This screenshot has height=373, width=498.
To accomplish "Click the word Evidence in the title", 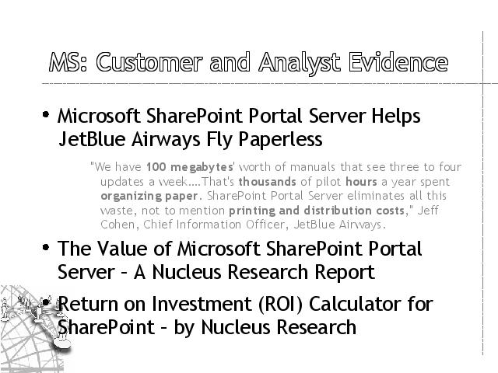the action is click(398, 62).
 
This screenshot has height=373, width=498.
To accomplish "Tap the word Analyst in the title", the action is click(300, 64).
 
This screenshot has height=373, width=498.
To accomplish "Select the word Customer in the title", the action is click(149, 62).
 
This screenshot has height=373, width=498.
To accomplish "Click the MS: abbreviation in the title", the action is click(68, 62).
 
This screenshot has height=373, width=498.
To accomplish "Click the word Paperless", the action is click(280, 140).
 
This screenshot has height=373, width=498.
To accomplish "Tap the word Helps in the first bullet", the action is click(396, 116).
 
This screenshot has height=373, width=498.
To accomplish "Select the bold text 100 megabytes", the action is click(190, 167).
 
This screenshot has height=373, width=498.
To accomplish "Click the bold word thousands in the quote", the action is click(268, 182).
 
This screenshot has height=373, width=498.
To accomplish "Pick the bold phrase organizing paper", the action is click(149, 197).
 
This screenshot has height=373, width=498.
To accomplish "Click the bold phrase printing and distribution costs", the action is click(317, 211).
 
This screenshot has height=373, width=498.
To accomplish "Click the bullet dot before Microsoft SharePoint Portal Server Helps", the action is click(46, 114).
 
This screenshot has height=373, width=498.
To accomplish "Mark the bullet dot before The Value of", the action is click(46, 247).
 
